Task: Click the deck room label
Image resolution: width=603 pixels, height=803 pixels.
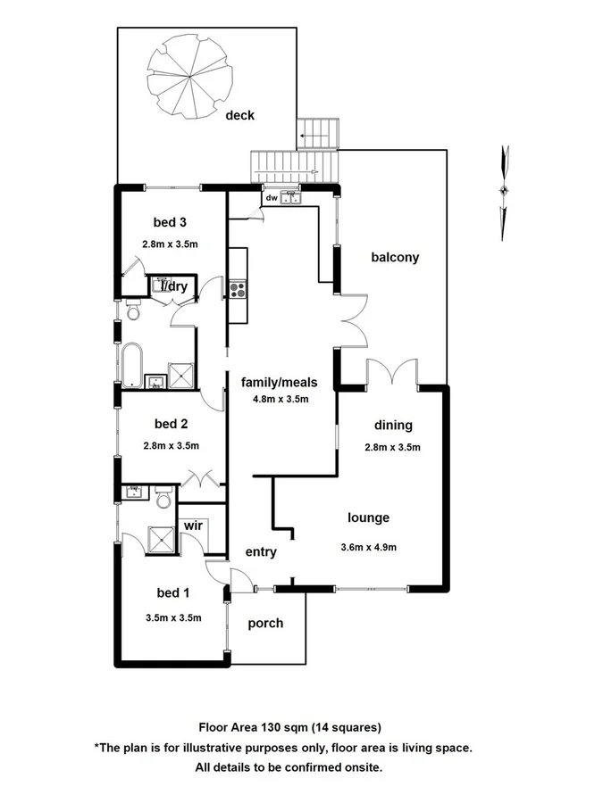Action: pos(239,115)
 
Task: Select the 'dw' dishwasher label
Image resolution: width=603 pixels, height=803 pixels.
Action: pos(270,198)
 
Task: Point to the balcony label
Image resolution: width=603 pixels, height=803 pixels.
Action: pos(395,258)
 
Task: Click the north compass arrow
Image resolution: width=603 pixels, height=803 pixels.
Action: pos(505,189)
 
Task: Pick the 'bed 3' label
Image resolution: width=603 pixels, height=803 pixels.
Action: pos(170,222)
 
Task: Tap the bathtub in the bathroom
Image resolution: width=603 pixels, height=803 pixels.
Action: pos(133,366)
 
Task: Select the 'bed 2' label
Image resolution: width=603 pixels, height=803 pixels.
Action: pos(170,424)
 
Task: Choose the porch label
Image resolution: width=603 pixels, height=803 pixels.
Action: pos(265,623)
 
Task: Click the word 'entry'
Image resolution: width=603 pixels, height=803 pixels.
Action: pos(261,552)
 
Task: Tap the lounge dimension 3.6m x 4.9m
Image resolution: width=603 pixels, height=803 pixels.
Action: pos(368,547)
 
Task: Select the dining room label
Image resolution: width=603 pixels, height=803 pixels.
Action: pos(393,426)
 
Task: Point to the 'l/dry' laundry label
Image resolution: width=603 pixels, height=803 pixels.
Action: pos(173,286)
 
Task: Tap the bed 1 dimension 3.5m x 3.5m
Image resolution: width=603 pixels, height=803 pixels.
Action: pos(173,617)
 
